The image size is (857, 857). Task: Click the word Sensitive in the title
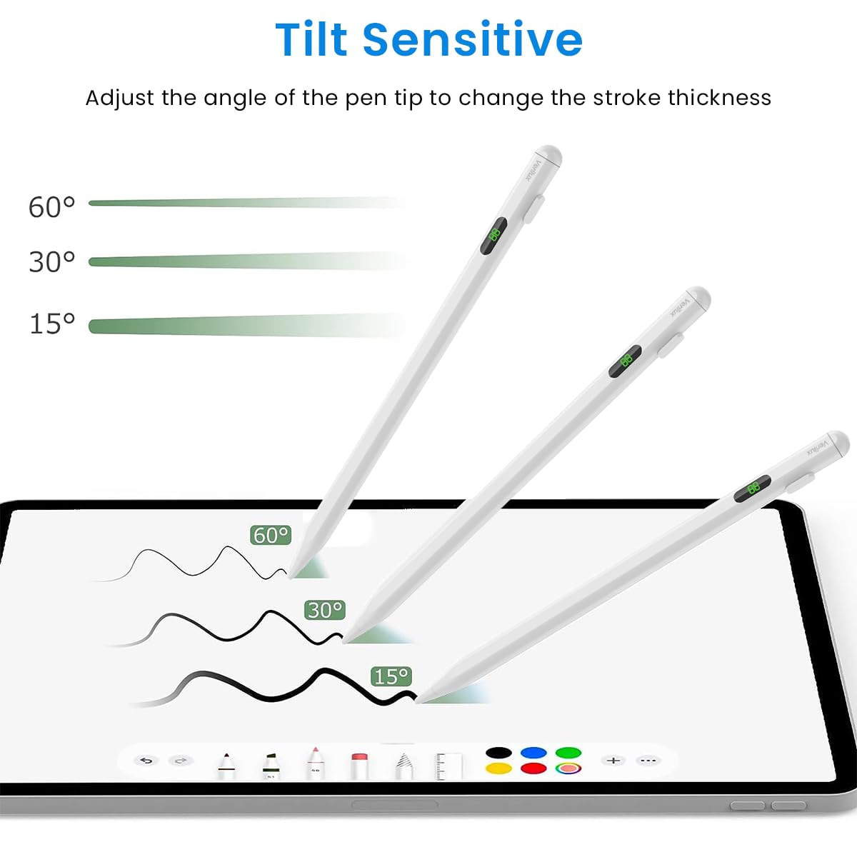473,39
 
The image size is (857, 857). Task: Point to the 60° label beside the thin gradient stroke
51,207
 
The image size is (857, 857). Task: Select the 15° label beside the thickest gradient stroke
51,324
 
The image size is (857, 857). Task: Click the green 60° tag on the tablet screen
271,535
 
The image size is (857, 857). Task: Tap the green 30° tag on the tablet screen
325,610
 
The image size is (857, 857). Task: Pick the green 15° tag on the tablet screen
391,676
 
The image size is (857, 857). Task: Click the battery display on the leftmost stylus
493,236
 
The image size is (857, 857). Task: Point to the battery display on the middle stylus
625,361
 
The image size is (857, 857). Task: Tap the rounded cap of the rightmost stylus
837,443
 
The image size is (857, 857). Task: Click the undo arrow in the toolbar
146,761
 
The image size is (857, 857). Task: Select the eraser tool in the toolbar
359,764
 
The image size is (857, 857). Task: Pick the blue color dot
533,753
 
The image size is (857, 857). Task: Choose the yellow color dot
498,768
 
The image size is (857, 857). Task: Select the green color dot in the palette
568,753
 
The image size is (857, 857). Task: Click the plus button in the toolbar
613,761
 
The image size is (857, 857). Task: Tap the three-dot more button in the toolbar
648,761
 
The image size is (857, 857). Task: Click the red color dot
533,768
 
